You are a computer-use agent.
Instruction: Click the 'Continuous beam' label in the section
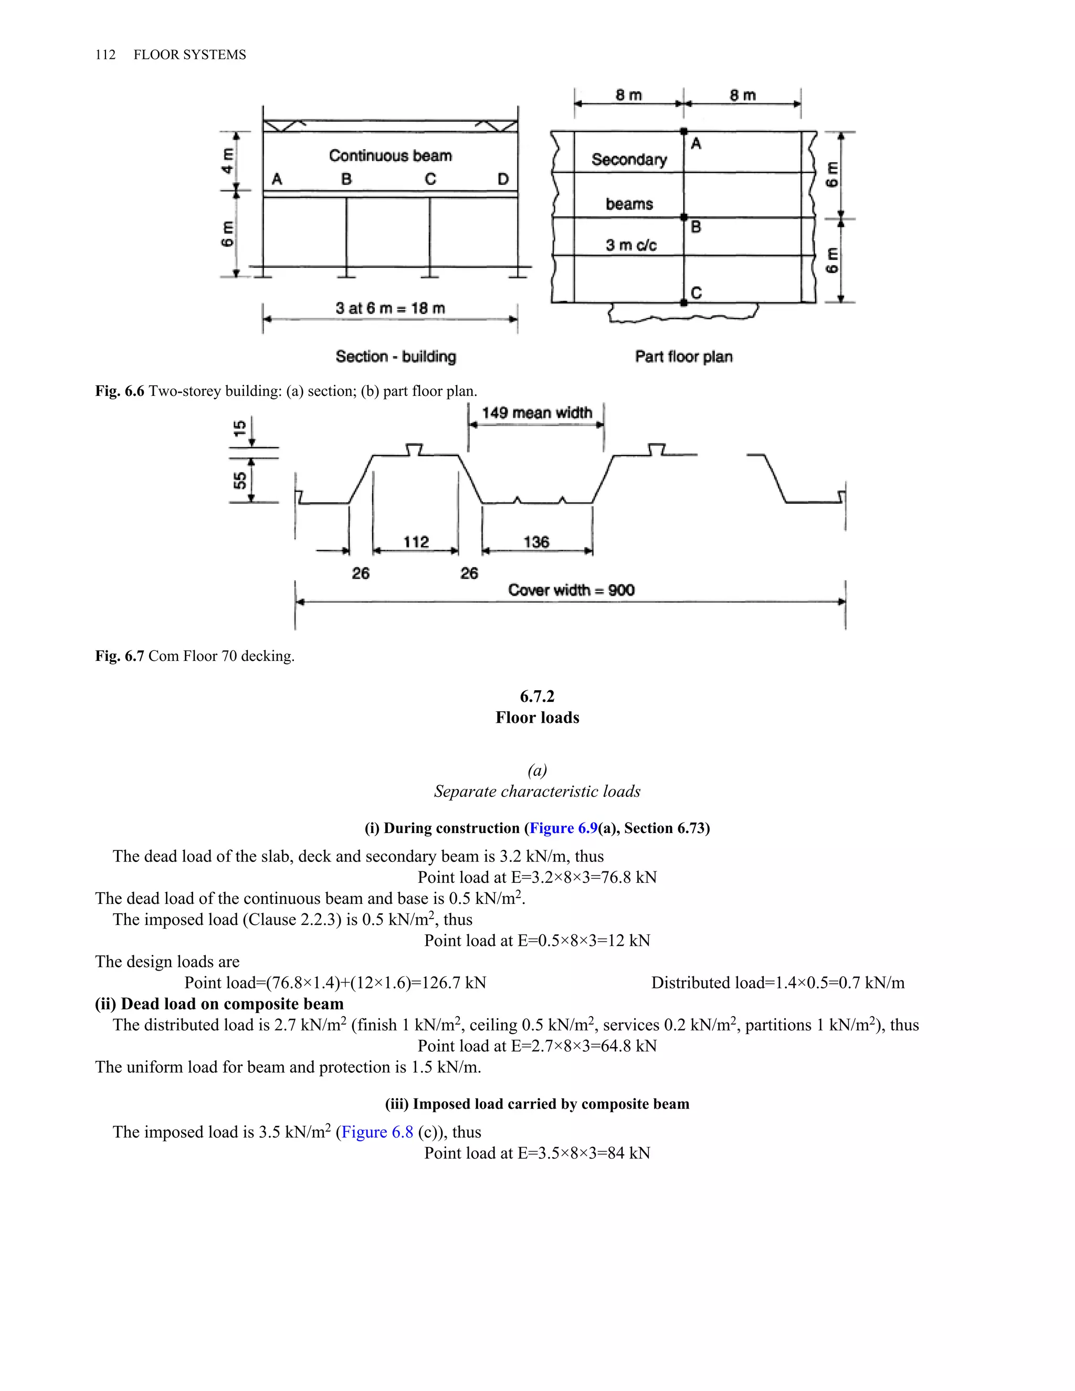click(390, 155)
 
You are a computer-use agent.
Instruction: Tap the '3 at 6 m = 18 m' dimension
click(390, 308)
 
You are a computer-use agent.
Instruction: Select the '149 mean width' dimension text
click(536, 413)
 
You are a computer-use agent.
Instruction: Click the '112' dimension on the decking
click(416, 542)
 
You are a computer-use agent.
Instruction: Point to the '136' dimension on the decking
click(536, 542)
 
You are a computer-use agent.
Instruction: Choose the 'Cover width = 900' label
click(571, 590)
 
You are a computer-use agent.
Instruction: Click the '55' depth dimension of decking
click(240, 481)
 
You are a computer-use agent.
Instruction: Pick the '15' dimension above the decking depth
click(240, 428)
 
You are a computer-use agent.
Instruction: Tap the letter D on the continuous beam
click(503, 180)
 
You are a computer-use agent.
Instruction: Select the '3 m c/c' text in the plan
click(630, 245)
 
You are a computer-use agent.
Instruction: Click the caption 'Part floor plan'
click(683, 356)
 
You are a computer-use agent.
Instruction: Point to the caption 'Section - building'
click(395, 356)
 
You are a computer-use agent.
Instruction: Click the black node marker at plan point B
click(684, 218)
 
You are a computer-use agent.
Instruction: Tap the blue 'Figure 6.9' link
click(564, 828)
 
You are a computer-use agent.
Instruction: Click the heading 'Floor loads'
click(537, 718)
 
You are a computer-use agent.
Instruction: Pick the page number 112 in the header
click(106, 55)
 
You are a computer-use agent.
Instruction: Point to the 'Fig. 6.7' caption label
click(120, 656)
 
